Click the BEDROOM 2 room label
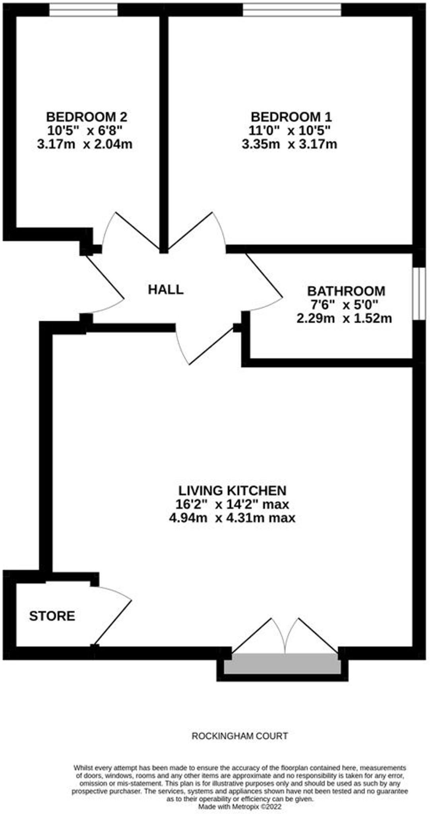[87, 117]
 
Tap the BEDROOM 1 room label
[291, 117]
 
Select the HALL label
[166, 289]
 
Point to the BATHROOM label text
[346, 291]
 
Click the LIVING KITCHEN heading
[232, 490]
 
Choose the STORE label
[52, 616]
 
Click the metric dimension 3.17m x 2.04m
[85, 144]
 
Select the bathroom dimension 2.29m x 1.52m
[344, 318]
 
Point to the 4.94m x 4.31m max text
[232, 518]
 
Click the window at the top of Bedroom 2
[83, 10]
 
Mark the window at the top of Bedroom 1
[292, 10]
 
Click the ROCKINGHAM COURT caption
[240, 736]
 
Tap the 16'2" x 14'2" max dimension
[232, 504]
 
